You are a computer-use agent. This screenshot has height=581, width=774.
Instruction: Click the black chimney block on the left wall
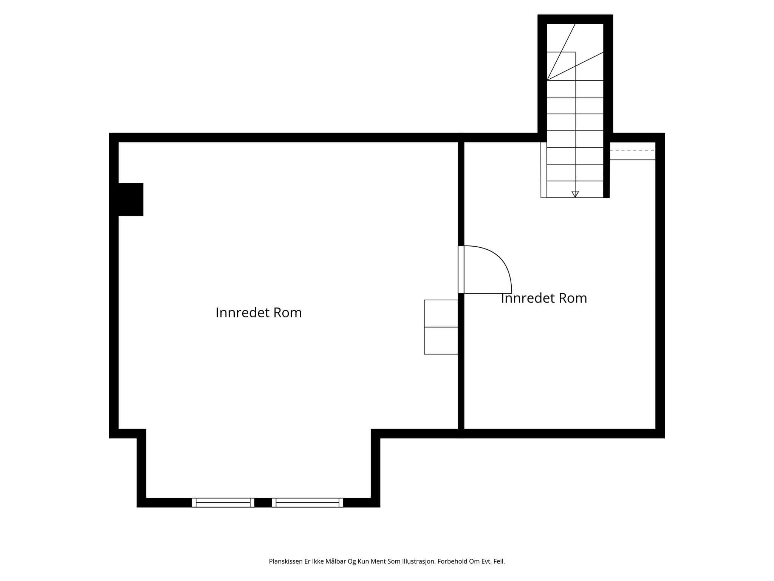tap(131, 199)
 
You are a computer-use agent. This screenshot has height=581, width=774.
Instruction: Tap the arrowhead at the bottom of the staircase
tap(575, 194)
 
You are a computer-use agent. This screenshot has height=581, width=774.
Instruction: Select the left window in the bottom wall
tap(223, 502)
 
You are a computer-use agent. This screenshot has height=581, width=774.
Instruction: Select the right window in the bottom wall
tap(307, 502)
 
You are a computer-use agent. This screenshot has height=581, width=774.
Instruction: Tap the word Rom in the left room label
tap(288, 313)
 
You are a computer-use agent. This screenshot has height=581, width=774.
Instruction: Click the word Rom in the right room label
tap(573, 298)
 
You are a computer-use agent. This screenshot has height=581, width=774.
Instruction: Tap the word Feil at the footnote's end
tap(499, 561)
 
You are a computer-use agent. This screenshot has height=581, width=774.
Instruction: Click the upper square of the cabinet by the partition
tap(441, 314)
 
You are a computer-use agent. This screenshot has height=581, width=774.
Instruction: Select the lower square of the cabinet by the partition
tap(441, 341)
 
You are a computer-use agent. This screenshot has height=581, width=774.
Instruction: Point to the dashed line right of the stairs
tap(633, 151)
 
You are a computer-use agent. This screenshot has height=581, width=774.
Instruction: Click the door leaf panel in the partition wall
tap(461, 269)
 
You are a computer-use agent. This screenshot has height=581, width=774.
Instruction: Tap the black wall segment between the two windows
tap(263, 502)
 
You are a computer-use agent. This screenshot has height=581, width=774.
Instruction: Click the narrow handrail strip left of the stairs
tap(543, 170)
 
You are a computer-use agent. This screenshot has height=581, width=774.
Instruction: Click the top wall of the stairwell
tap(575, 19)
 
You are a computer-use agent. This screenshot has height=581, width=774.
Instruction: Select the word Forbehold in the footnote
tap(452, 561)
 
